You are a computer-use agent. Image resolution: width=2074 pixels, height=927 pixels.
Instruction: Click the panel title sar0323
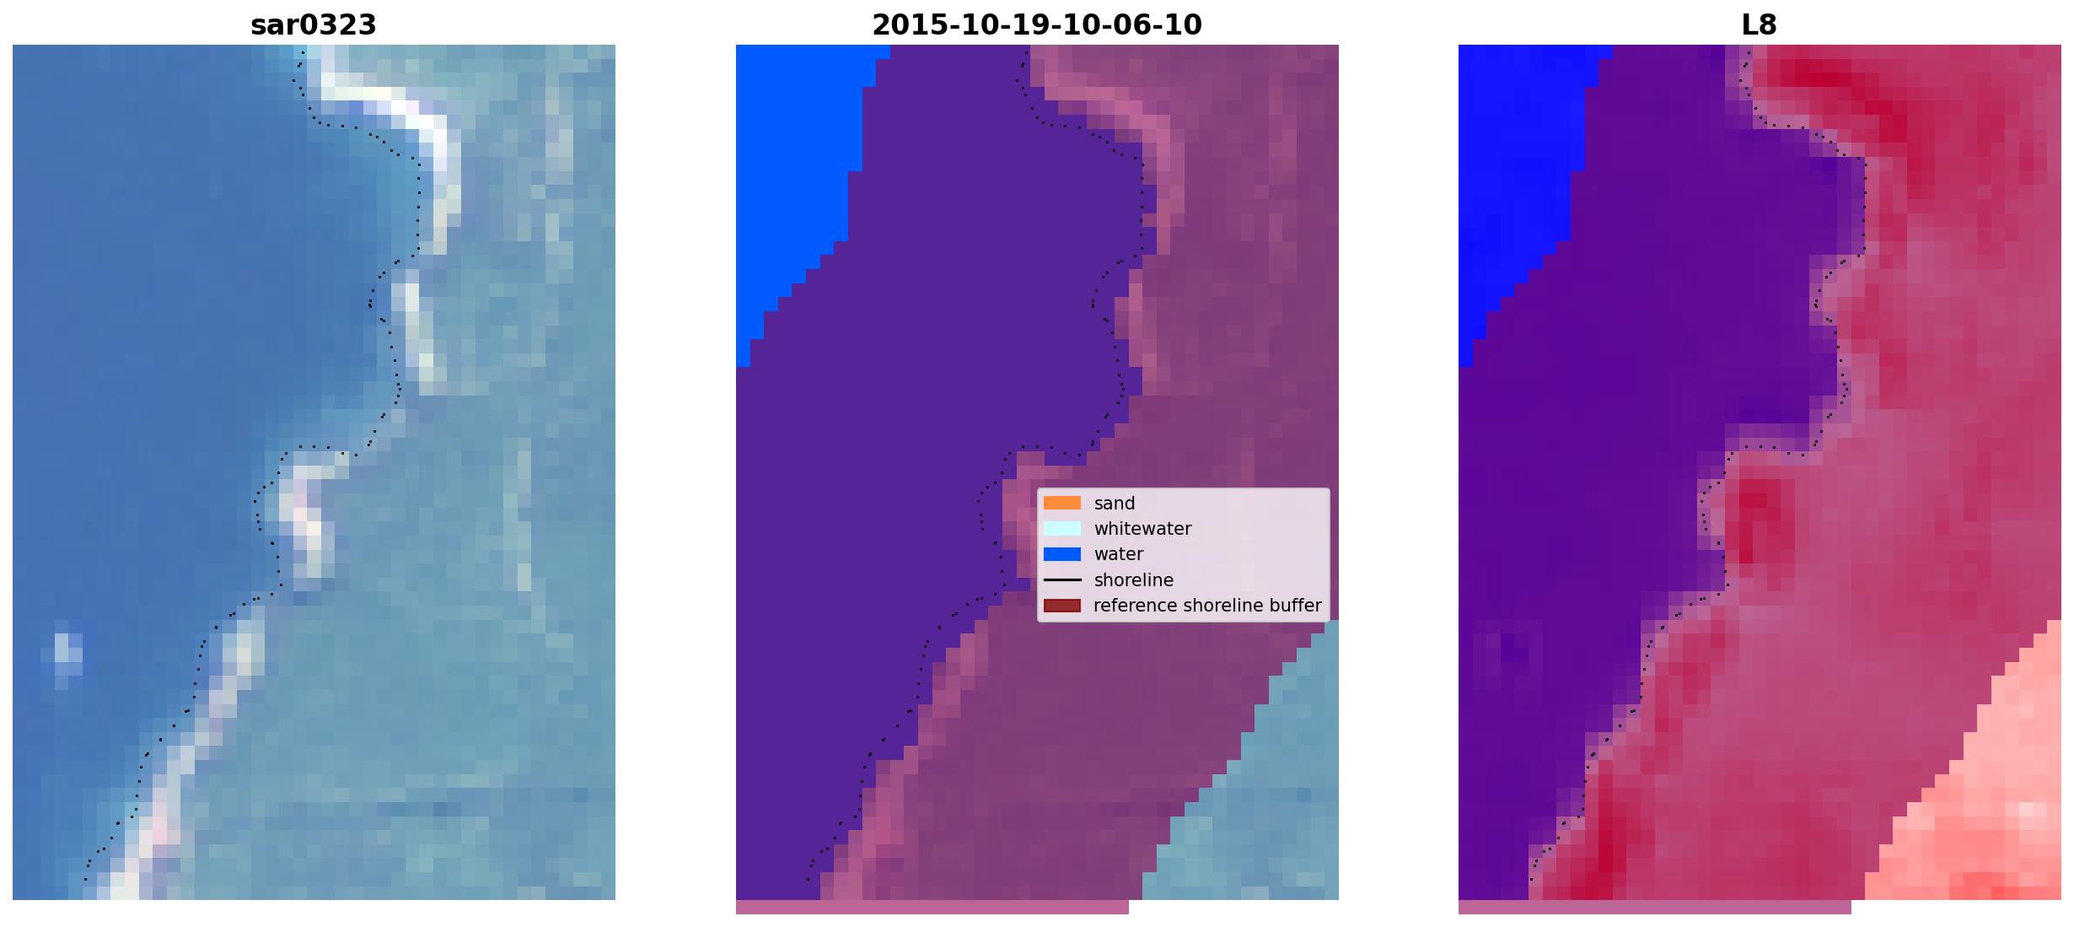coord(313,24)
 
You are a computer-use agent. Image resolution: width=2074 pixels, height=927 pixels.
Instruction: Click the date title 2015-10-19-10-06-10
coord(1036,24)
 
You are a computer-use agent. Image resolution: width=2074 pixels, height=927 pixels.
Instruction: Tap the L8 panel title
coord(1759,24)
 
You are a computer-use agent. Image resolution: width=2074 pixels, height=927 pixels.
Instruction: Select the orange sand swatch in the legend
coord(1061,503)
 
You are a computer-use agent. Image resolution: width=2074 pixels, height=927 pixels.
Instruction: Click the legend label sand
coord(1114,504)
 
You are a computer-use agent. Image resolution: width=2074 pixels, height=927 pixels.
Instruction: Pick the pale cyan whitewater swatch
coord(1061,528)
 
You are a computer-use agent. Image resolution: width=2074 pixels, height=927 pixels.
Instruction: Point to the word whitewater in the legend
coord(1142,529)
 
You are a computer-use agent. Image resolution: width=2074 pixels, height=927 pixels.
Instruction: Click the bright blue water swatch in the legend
coord(1061,554)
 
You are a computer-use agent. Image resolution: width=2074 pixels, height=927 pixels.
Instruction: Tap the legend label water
coord(1118,554)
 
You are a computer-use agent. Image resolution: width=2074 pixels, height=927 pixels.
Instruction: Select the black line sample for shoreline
coord(1061,580)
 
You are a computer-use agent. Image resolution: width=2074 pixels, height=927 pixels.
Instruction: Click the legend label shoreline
coord(1133,580)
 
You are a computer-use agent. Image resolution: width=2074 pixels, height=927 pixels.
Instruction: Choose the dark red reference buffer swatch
coord(1061,606)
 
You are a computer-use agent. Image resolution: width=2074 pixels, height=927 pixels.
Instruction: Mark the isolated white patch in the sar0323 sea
coord(67,654)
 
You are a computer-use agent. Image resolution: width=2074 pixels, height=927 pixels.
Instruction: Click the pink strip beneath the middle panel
coord(932,907)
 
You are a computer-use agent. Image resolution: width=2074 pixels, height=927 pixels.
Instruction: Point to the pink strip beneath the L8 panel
coord(1654,907)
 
